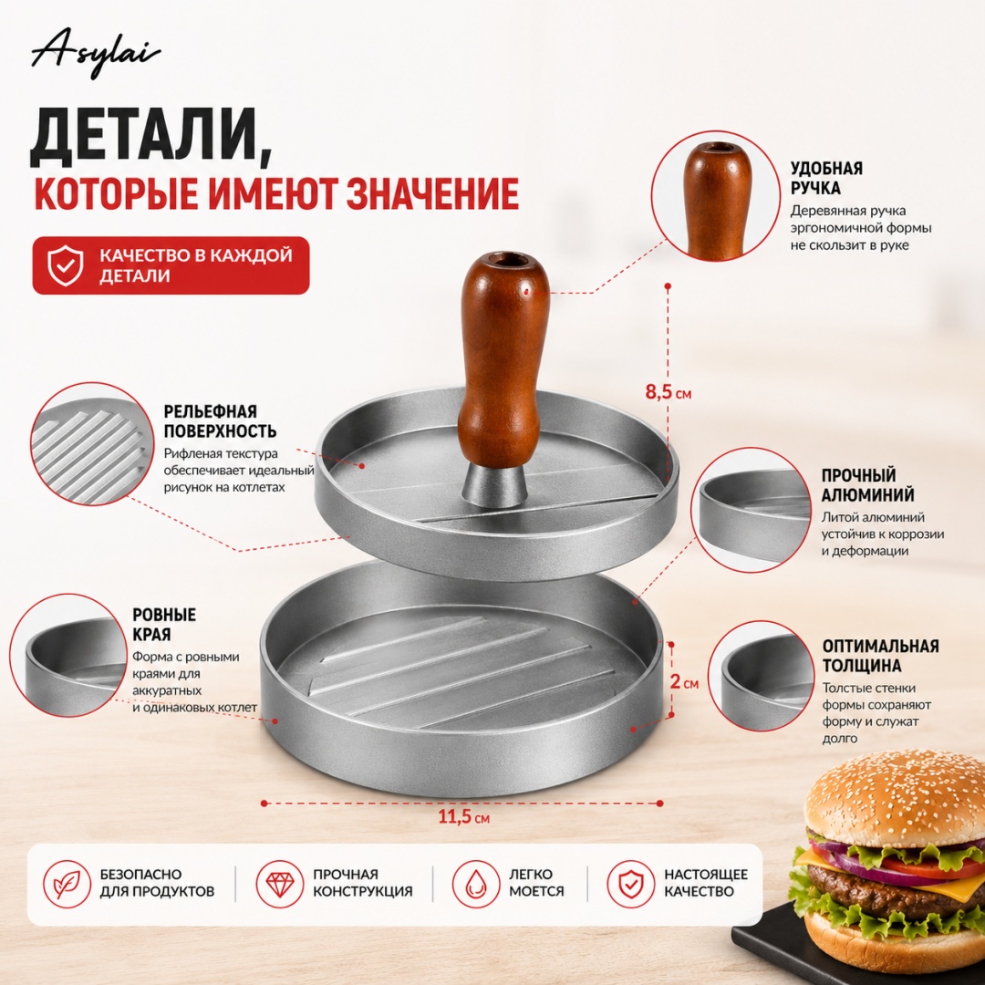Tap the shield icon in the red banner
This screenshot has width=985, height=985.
coord(66,265)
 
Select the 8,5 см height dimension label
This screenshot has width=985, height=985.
coord(669,392)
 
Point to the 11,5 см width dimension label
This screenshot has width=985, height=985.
coord(463,817)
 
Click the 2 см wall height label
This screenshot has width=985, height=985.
coord(684,681)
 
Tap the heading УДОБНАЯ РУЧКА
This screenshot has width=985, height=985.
coord(826,178)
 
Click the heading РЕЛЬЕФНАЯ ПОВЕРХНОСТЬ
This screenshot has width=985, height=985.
coord(220,421)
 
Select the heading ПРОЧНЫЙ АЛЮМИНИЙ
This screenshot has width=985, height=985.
coord(867,485)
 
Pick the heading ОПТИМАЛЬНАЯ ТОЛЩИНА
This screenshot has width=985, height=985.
coord(880,656)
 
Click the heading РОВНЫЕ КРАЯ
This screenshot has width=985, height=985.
coord(164,625)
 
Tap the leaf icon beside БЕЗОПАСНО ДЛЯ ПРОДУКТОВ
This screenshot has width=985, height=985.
coord(67,884)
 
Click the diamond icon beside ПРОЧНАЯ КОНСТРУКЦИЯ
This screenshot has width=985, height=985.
coord(279,884)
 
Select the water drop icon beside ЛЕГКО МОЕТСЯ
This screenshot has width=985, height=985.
coord(475,884)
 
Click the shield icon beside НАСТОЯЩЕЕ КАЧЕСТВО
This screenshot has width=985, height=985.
coord(630,884)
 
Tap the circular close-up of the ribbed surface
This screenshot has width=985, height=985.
coord(93,444)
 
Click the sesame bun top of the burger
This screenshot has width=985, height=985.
coord(895,799)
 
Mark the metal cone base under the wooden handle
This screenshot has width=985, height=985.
coord(495,485)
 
